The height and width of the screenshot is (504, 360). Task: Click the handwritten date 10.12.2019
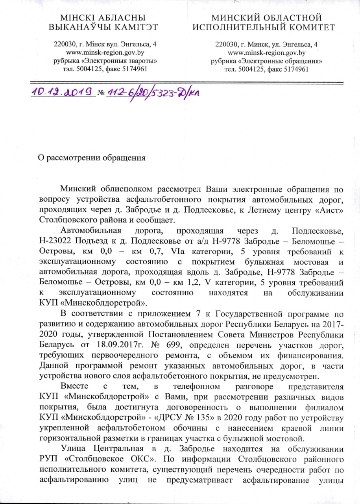pyautogui.click(x=63, y=91)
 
